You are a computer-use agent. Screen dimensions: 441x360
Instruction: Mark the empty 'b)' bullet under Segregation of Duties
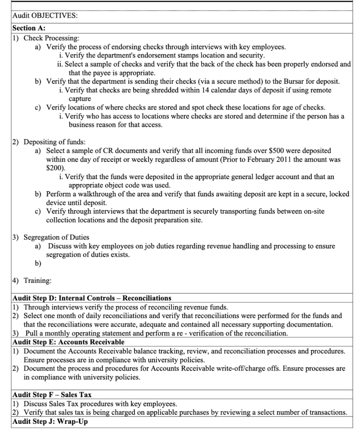[38, 263]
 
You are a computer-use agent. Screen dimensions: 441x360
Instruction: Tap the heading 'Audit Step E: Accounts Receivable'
[68, 342]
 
